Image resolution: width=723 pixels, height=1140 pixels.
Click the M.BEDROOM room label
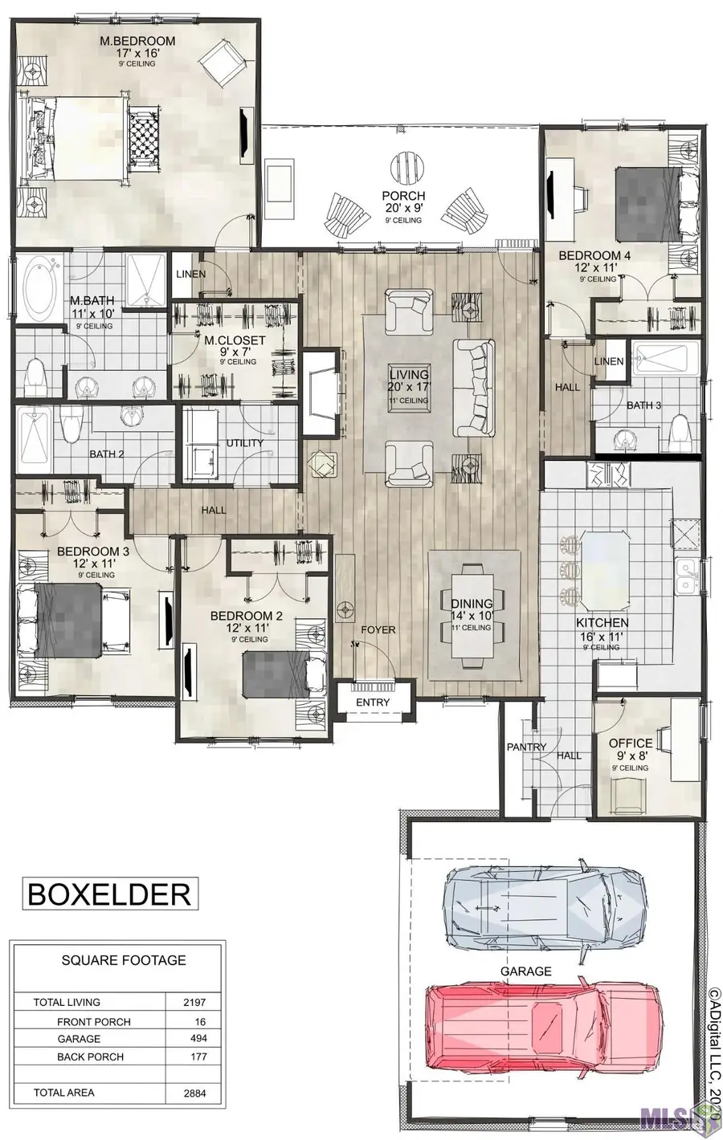[x=137, y=41]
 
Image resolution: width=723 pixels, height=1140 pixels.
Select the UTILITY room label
[x=245, y=443]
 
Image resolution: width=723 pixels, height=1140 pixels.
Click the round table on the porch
[x=406, y=166]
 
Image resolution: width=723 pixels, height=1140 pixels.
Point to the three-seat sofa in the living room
[x=474, y=387]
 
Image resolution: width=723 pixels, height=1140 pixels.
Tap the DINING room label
[x=472, y=604]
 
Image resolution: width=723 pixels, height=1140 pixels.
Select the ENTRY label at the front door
[x=373, y=702]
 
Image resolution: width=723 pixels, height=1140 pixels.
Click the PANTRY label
[x=526, y=747]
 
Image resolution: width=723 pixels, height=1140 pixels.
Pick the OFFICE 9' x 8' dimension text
[x=631, y=756]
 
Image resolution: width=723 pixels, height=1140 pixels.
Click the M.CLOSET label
[x=235, y=340]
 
